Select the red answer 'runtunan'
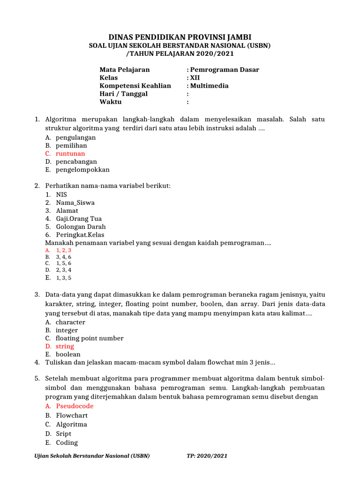pos(70,154)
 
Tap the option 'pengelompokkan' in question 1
pos(82,170)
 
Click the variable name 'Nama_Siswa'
pos(75,202)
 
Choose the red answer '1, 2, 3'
pos(64,250)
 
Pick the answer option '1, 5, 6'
pos(64,263)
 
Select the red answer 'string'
pos(65,346)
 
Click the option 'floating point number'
pos(90,338)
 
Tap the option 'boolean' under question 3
pos(68,354)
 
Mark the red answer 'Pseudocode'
pos(75,406)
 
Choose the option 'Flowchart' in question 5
pos(72,415)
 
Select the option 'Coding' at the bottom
pos(67,442)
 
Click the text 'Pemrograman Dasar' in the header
pos(225,69)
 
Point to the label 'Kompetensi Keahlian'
pos(135,86)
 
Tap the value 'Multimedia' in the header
pos(209,86)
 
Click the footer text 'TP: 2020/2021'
pos(207,456)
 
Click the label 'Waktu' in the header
pos(110,102)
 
